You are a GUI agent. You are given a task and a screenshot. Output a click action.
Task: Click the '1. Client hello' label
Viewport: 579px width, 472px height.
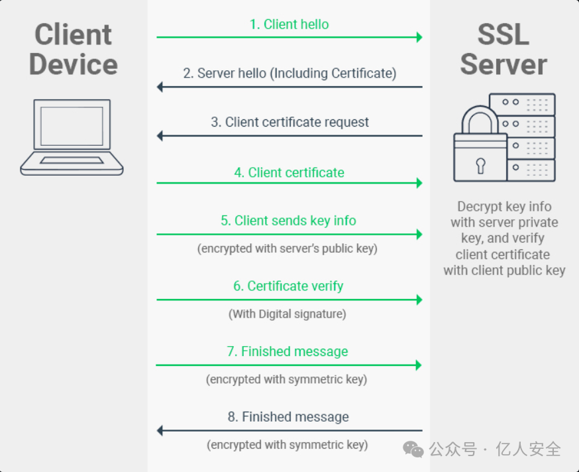click(289, 25)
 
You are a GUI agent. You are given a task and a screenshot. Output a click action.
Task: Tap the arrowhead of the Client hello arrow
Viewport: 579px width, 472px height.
click(419, 37)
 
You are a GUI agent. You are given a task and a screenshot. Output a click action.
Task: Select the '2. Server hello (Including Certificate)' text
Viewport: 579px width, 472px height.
click(290, 73)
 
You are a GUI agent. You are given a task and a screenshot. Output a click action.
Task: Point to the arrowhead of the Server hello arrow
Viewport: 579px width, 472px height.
click(160, 87)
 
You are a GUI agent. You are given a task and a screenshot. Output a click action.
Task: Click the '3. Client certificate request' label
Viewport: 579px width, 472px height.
click(290, 122)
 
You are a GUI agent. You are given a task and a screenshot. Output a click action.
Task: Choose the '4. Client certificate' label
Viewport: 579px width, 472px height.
click(289, 172)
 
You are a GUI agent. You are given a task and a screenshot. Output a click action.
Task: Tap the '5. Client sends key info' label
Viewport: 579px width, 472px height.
click(288, 221)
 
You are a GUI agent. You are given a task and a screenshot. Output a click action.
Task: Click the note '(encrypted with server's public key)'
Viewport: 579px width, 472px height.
click(288, 249)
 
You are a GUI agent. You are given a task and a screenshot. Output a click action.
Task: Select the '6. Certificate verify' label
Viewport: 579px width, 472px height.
click(288, 286)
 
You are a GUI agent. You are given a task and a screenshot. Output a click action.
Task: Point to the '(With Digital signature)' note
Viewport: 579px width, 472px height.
click(288, 314)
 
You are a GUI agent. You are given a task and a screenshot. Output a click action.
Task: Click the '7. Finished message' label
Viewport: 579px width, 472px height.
click(288, 351)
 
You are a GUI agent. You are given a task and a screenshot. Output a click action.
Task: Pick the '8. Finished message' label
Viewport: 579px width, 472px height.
click(288, 416)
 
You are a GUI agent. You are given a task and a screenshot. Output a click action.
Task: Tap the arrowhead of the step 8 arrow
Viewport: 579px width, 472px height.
click(160, 430)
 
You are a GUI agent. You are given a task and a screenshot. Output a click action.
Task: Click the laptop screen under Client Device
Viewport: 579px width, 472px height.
click(72, 126)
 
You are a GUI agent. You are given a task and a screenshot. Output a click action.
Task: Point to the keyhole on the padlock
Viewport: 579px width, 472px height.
click(480, 166)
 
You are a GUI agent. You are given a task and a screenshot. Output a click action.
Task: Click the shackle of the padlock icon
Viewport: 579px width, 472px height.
click(480, 110)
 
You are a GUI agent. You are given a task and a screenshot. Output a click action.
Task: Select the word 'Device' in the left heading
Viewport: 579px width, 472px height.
click(74, 64)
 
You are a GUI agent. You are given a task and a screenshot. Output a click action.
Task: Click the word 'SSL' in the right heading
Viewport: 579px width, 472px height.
click(503, 34)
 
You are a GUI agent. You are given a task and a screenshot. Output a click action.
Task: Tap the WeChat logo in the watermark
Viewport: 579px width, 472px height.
click(413, 449)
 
